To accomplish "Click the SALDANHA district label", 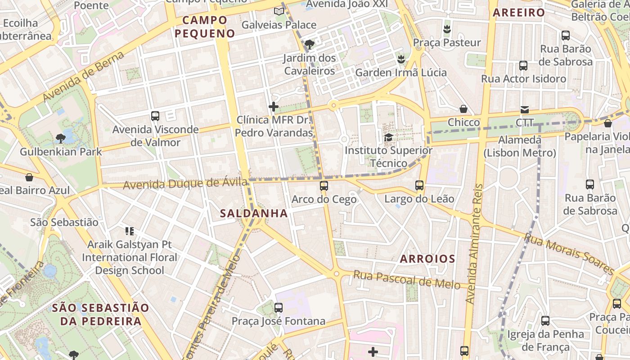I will tap(254, 213).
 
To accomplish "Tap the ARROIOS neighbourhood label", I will tap(427, 259).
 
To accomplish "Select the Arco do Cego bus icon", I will tap(324, 185).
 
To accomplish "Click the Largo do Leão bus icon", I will tap(419, 185).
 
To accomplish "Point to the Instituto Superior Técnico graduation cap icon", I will tap(388, 137).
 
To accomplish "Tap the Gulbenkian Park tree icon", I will tap(61, 138).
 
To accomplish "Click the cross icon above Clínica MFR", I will tap(273, 107).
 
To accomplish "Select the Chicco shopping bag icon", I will tap(463, 109).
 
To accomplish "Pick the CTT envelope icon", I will tap(524, 109).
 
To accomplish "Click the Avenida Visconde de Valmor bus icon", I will tap(155, 116).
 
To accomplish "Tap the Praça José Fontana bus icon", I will tap(279, 308).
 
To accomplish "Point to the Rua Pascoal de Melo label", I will tap(406, 279).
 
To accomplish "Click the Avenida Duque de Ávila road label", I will tap(184, 184).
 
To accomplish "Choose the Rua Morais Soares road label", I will tap(569, 254).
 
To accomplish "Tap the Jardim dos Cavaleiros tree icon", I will tap(309, 45).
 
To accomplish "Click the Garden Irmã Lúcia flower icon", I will tap(401, 59).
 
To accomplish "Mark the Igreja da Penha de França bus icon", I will tap(545, 321).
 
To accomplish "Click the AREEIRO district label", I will tap(519, 13).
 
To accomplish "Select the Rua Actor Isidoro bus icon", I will tap(523, 65).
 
